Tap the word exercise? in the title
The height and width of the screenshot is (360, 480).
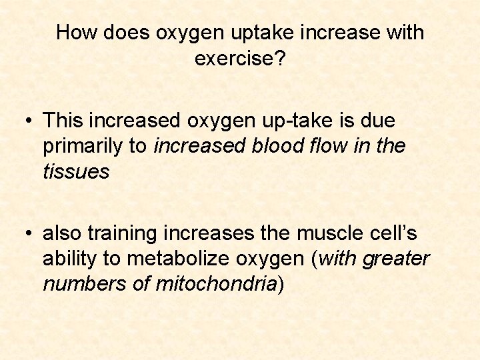tap(240, 59)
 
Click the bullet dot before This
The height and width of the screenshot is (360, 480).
tap(27, 121)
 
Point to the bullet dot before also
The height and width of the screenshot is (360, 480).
tap(27, 233)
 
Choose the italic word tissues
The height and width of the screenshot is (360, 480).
tap(75, 172)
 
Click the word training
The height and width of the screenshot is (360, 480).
tap(123, 233)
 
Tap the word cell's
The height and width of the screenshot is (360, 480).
tap(394, 233)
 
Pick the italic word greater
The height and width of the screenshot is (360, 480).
tap(396, 259)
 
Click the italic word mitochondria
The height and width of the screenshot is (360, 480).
tap(216, 284)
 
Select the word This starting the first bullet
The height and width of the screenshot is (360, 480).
tap(63, 121)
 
